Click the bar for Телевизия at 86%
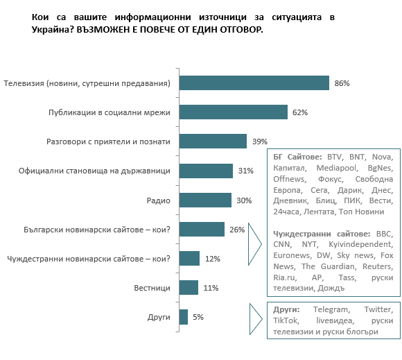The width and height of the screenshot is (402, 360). [x=254, y=83]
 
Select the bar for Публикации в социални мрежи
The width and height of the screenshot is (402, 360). [x=234, y=112]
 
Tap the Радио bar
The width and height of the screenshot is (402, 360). [x=205, y=200]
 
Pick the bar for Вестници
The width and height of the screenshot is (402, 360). [x=189, y=288]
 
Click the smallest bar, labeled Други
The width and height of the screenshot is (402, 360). [x=184, y=317]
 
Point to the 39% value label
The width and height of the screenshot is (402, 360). [x=260, y=142]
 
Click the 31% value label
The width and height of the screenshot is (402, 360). [x=245, y=171]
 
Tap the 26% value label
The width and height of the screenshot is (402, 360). [x=237, y=230]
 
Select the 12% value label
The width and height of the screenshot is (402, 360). [x=213, y=259]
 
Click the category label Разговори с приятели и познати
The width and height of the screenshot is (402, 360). [x=108, y=142]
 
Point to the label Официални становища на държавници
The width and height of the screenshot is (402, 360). [x=94, y=171]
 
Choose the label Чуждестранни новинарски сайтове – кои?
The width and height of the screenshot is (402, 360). [x=89, y=259]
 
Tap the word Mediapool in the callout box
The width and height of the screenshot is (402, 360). [x=337, y=168]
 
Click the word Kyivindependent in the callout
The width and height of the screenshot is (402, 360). [x=360, y=244]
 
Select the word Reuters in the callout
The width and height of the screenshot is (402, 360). [x=378, y=266]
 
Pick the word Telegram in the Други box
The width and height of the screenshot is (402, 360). [x=332, y=309]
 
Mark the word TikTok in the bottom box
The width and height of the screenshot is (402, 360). [x=286, y=320]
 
